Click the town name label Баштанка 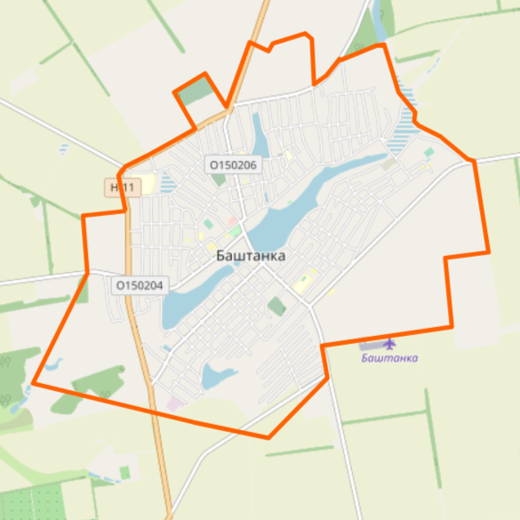(251, 255)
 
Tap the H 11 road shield (120, 188)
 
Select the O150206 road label (234, 164)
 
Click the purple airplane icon (389, 343)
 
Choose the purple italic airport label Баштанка (389, 358)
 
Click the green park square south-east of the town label (277, 307)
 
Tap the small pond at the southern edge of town (217, 376)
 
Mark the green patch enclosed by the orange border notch (197, 91)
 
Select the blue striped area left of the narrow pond (167, 183)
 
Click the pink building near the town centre (233, 220)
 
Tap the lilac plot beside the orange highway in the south (172, 404)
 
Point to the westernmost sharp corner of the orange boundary (34, 384)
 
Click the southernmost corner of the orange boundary (268, 437)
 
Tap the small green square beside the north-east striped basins (428, 153)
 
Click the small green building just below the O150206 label (219, 180)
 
